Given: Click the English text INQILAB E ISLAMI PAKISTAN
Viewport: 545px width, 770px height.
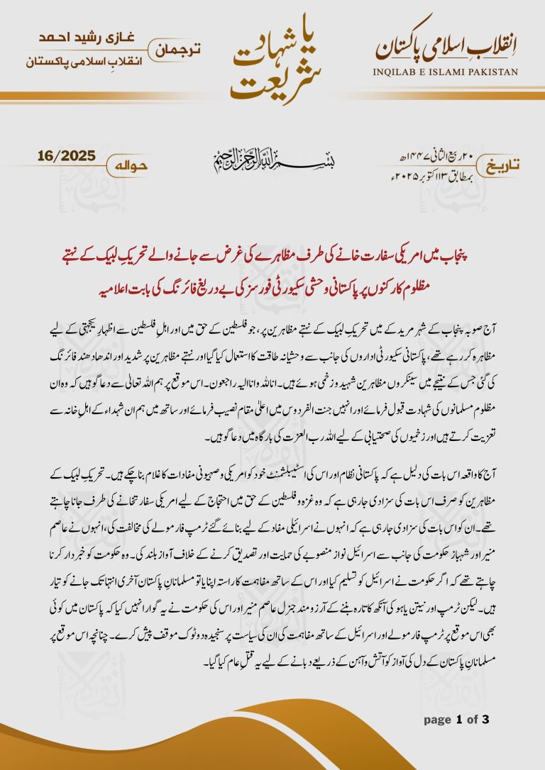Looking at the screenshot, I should pyautogui.click(x=446, y=72).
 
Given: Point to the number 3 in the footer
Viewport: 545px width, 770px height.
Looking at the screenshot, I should pyautogui.click(x=485, y=720).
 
